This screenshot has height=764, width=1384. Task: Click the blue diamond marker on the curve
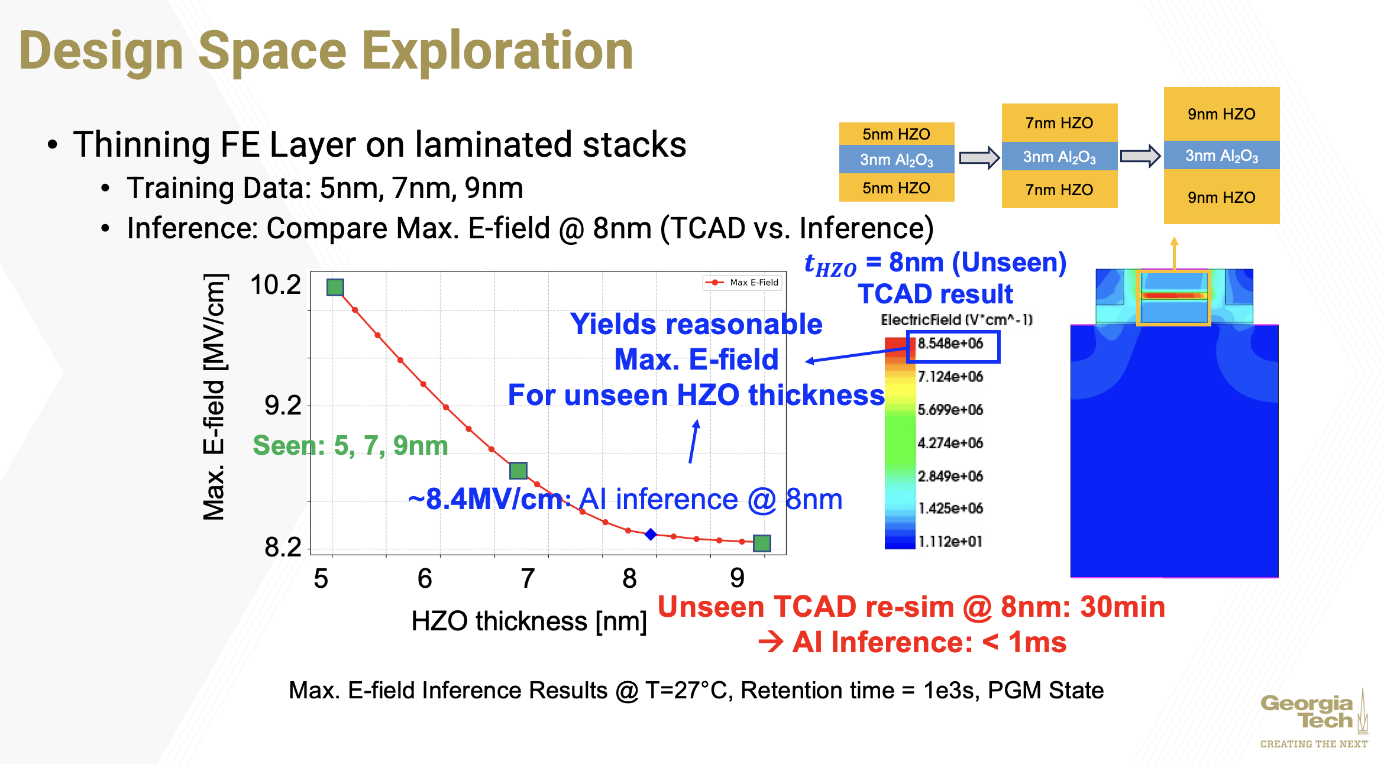(x=651, y=534)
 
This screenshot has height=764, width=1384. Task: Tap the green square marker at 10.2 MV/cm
(x=335, y=287)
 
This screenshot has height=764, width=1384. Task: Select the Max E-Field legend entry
(x=743, y=283)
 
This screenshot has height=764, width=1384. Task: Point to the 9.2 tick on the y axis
(x=283, y=406)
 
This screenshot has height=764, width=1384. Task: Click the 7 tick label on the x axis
(x=528, y=578)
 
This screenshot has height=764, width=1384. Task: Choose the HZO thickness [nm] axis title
(x=529, y=621)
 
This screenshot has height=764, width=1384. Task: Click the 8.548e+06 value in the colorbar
(x=950, y=344)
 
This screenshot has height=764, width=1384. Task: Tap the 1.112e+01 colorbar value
(x=950, y=541)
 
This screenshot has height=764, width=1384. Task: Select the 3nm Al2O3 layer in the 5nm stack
(x=897, y=160)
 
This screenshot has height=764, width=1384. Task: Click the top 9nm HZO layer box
(x=1221, y=114)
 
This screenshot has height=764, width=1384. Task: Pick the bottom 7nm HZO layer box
(x=1059, y=190)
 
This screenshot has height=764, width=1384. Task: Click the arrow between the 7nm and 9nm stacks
(x=1140, y=156)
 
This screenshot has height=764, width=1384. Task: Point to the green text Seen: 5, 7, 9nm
(x=350, y=445)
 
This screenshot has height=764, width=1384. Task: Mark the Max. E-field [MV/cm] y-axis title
(x=214, y=397)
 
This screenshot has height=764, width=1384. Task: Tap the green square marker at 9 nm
(x=762, y=543)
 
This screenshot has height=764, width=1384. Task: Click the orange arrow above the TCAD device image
(x=1174, y=252)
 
